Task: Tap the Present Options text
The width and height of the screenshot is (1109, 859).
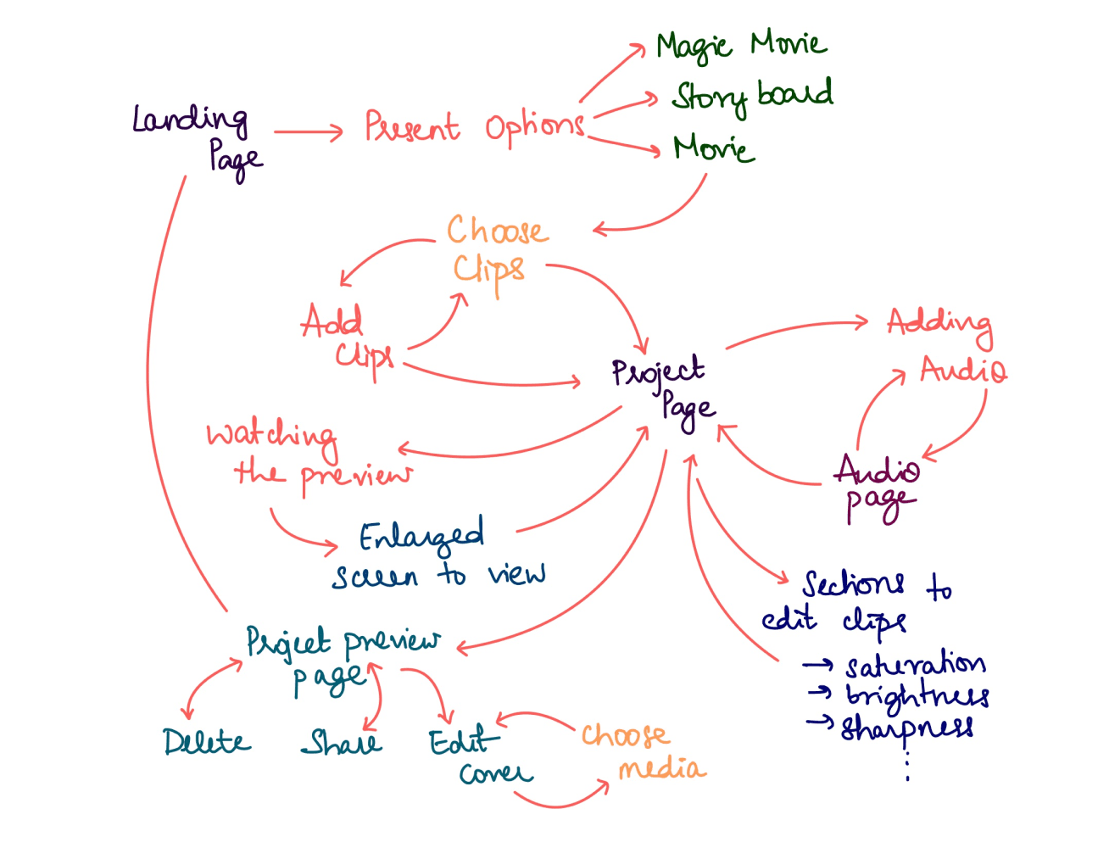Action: (474, 127)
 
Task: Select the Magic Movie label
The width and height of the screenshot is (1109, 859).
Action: (740, 44)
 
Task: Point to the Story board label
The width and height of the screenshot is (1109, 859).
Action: (751, 95)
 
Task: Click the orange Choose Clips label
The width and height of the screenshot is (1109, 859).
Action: (496, 250)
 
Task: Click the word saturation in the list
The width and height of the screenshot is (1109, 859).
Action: (915, 664)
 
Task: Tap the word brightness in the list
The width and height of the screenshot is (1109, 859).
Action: (917, 696)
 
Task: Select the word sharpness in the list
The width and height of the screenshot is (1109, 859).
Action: (906, 728)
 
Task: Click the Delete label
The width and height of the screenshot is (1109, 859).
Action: (207, 742)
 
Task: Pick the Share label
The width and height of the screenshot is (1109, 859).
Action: (342, 743)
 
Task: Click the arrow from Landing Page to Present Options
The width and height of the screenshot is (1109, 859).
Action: (308, 131)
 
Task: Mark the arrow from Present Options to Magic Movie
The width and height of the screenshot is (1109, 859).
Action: (612, 74)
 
